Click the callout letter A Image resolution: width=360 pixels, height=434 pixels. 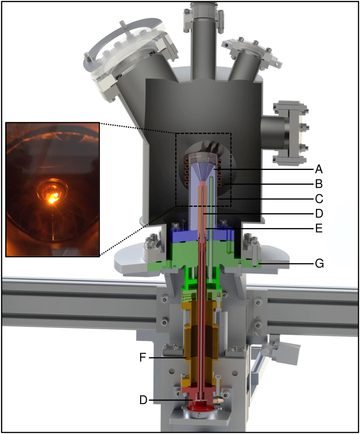pyautogui.click(x=319, y=169)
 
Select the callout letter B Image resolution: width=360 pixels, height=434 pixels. pyautogui.click(x=319, y=183)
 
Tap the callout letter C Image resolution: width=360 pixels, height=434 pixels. pyautogui.click(x=319, y=199)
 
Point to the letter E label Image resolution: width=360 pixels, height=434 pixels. pyautogui.click(x=319, y=228)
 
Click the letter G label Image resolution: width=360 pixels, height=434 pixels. pyautogui.click(x=319, y=264)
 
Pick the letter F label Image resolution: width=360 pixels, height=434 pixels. pyautogui.click(x=143, y=358)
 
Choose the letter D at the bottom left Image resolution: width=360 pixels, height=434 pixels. pyautogui.click(x=143, y=400)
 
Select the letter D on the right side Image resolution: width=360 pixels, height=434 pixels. pyautogui.click(x=319, y=213)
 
